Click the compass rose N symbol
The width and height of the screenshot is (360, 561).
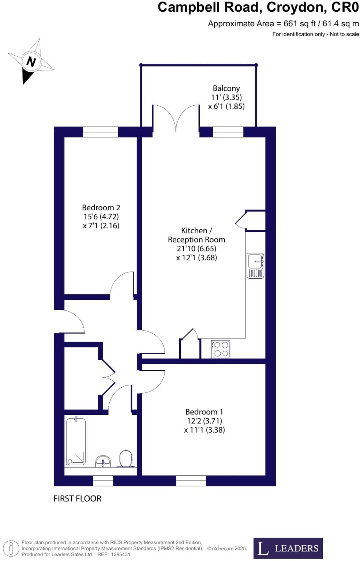[31, 61]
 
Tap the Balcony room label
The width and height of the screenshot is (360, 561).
[226, 89]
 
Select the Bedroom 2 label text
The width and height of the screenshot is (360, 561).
[101, 208]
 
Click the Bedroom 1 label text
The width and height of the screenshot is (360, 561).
[204, 412]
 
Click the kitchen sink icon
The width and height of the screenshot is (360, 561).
[255, 266]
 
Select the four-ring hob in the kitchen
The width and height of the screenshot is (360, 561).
[221, 349]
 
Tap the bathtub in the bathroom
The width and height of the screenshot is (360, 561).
[76, 442]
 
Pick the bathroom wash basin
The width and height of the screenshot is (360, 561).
[103, 461]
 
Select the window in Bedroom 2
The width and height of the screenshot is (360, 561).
[101, 132]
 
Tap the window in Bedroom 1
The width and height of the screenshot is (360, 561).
[191, 481]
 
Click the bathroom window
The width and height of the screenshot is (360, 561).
[103, 481]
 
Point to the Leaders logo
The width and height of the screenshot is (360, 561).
[288, 548]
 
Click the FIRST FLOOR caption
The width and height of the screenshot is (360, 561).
[77, 498]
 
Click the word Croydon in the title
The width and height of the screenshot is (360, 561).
[295, 7]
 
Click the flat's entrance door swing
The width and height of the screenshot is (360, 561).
[71, 321]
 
